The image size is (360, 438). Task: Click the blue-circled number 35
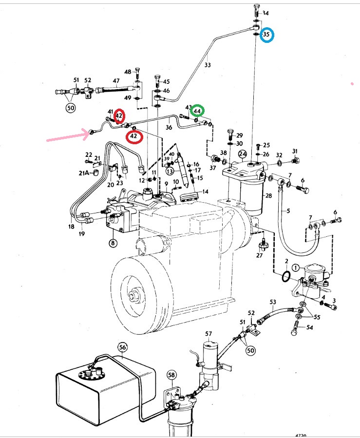click(x=266, y=35)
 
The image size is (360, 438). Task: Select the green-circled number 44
click(x=197, y=111)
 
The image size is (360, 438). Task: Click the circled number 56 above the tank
click(x=123, y=347)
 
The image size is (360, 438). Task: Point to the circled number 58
click(x=171, y=375)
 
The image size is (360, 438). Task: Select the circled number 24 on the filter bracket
click(x=243, y=155)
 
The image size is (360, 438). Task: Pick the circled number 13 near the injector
click(x=170, y=171)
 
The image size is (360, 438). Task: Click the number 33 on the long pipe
click(x=208, y=64)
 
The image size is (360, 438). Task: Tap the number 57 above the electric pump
click(x=208, y=334)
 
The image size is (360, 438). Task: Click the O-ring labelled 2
click(x=286, y=277)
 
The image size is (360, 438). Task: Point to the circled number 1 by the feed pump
click(x=296, y=267)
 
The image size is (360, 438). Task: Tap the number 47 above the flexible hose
click(x=116, y=81)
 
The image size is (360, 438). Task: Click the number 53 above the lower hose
click(x=272, y=303)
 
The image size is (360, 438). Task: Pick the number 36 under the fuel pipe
click(x=169, y=128)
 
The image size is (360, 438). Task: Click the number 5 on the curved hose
click(x=287, y=211)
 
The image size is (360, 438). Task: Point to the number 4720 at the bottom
click(x=302, y=435)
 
